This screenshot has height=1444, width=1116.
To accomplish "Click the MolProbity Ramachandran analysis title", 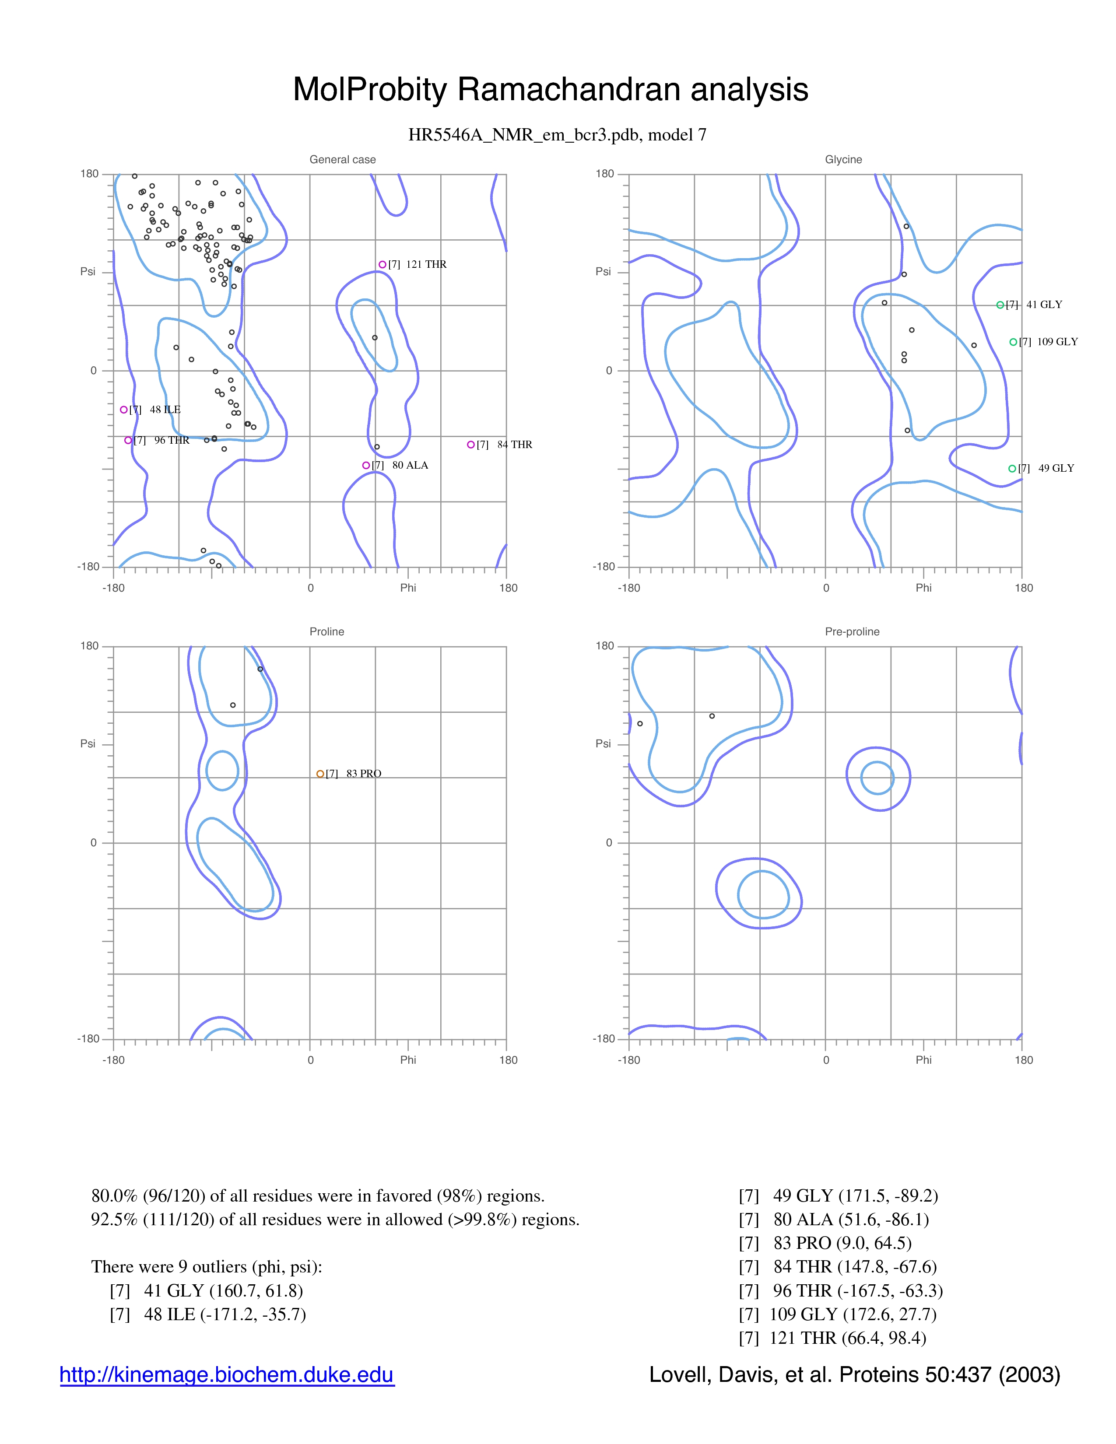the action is pyautogui.click(x=551, y=89).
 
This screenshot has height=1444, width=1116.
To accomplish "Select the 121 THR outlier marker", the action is pyautogui.click(x=382, y=264).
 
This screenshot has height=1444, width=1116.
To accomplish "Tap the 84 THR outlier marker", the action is pyautogui.click(x=471, y=445).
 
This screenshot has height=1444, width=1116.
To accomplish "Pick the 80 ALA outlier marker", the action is pyautogui.click(x=365, y=466).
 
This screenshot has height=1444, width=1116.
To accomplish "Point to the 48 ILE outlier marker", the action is pyautogui.click(x=123, y=410).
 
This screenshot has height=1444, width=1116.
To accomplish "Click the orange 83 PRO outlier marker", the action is pyautogui.click(x=320, y=774).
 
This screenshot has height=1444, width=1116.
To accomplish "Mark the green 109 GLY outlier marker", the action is pyautogui.click(x=1013, y=342).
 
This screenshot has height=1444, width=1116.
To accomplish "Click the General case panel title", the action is pyautogui.click(x=343, y=159).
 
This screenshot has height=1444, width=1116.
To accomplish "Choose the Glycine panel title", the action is pyautogui.click(x=844, y=159).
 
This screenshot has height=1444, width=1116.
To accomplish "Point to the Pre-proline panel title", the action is pyautogui.click(x=852, y=631).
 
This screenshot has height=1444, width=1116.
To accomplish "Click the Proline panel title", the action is pyautogui.click(x=326, y=631).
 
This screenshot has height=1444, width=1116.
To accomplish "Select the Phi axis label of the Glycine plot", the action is pyautogui.click(x=923, y=588).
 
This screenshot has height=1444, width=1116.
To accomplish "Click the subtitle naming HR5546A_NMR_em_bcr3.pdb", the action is pyautogui.click(x=557, y=135).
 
